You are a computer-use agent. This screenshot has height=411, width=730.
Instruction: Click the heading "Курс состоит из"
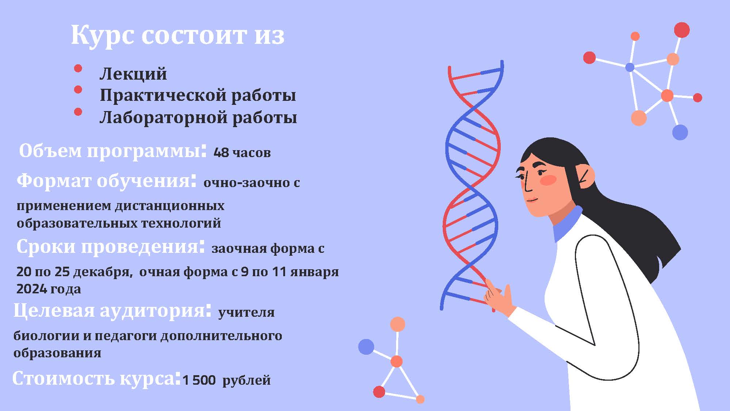point(177,35)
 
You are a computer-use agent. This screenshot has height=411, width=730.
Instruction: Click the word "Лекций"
point(133,74)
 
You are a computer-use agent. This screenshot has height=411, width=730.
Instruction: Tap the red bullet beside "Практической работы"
point(78,90)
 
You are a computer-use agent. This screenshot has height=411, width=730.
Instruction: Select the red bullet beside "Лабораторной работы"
point(78,111)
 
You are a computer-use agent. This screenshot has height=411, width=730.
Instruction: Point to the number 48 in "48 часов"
point(221,152)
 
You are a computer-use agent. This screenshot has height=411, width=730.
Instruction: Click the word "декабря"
point(102,272)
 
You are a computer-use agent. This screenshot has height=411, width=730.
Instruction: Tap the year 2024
point(31,289)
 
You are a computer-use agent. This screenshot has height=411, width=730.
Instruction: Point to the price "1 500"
point(199,380)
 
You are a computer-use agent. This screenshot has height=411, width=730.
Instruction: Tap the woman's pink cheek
point(547,179)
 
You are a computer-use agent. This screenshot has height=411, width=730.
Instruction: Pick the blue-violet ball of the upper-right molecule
point(680,132)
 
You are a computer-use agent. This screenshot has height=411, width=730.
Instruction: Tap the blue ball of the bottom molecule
point(366,347)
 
